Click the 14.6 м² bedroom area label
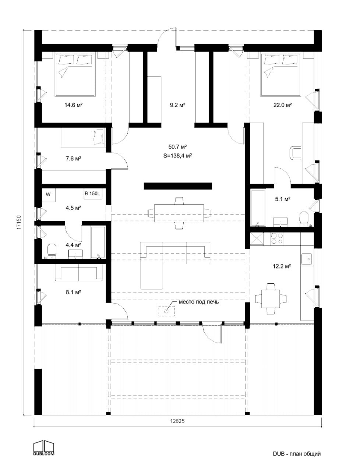[x=73, y=105]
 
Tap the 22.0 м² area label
[x=282, y=105]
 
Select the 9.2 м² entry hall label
[x=177, y=105]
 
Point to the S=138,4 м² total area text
[x=178, y=156]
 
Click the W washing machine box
[x=48, y=194]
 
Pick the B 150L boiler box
[x=93, y=194]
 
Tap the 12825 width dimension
[x=177, y=422]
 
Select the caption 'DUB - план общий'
[x=297, y=454]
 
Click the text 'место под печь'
[x=199, y=302]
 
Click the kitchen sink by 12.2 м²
[x=306, y=259]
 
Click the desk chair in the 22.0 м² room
[x=296, y=152]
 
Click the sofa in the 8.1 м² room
[x=79, y=274]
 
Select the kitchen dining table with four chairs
[x=271, y=298]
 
